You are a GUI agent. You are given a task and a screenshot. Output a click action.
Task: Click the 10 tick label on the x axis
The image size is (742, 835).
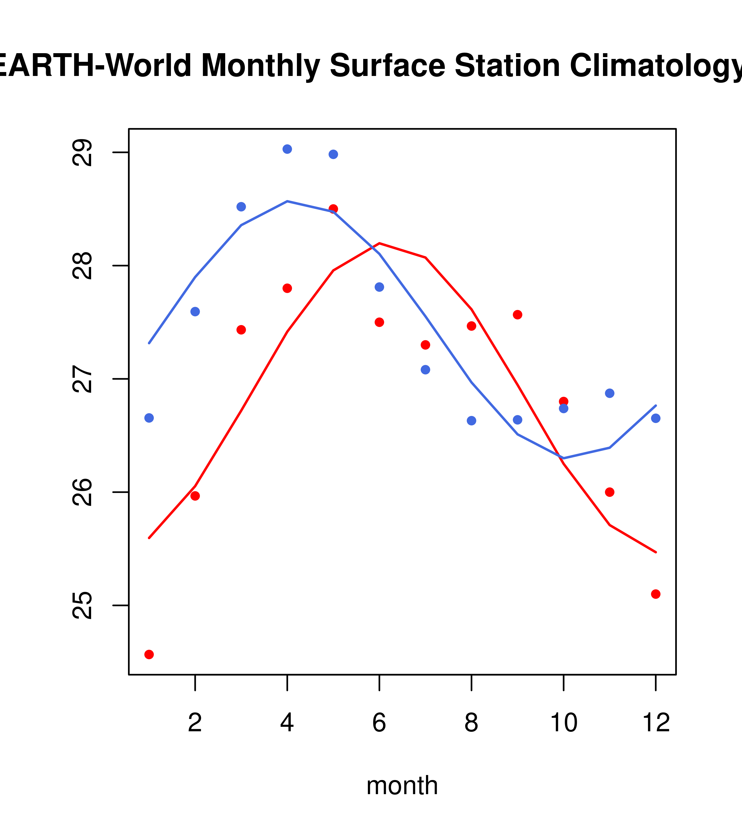tap(563, 723)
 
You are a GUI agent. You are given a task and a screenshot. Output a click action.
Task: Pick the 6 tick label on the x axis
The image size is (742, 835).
tap(379, 723)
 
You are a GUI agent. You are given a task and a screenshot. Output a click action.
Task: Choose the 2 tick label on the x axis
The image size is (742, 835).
tap(195, 723)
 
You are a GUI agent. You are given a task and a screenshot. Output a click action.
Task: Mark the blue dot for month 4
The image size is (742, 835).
tap(287, 149)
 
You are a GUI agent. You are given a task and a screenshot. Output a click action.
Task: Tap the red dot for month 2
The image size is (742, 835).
tap(195, 496)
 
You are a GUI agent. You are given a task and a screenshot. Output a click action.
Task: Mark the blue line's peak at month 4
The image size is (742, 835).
tap(287, 201)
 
